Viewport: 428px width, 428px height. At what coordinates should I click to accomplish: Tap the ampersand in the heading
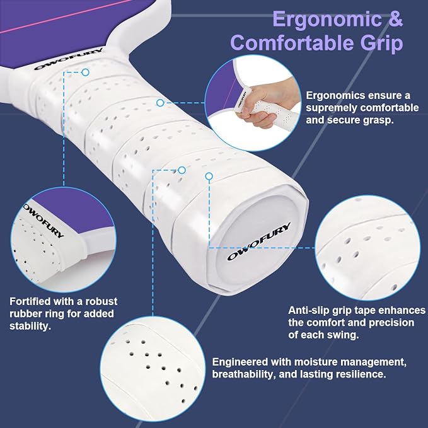[395, 18]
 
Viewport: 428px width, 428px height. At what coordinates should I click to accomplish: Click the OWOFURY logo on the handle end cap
[258, 241]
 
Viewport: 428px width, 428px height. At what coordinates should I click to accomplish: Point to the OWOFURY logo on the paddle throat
[68, 59]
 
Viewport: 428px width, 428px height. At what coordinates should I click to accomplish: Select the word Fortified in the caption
[30, 301]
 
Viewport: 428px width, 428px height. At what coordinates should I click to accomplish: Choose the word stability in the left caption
[30, 326]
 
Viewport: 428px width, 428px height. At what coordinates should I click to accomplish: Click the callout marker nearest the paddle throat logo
[86, 72]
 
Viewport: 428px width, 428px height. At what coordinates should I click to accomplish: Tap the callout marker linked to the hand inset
[160, 103]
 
